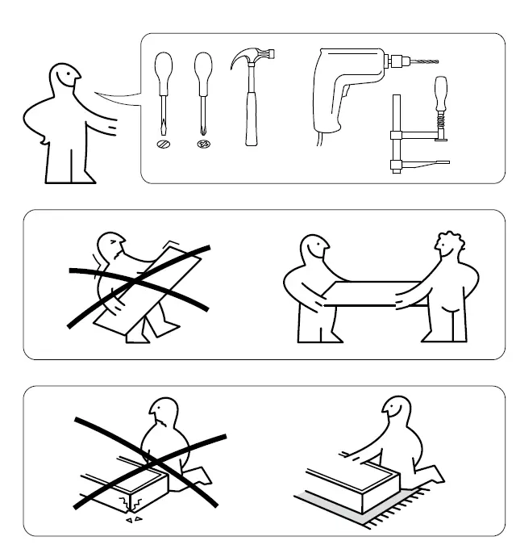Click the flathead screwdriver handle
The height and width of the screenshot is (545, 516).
[164, 69]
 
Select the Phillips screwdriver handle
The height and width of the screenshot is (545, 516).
[204, 69]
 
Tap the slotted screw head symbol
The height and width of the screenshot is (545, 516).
[164, 145]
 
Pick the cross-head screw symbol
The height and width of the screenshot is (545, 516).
[204, 145]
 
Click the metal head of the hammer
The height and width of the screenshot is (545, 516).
[253, 61]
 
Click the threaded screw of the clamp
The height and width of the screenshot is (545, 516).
[440, 123]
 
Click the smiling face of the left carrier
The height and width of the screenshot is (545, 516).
[315, 251]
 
